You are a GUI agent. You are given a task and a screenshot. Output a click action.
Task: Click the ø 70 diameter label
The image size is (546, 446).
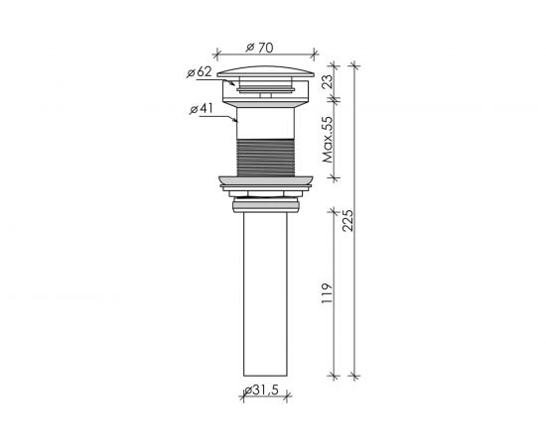(259, 48)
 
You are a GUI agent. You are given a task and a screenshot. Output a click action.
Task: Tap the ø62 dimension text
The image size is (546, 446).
(200, 72)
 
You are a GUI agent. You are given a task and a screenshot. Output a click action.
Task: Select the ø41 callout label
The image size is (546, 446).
(201, 109)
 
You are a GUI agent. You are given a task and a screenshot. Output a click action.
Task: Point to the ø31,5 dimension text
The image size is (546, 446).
(261, 390)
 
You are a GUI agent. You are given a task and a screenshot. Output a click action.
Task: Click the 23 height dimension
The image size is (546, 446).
(328, 81)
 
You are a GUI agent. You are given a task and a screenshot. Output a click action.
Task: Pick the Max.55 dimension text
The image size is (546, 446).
(328, 140)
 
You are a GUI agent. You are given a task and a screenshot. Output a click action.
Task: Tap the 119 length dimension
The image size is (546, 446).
(327, 293)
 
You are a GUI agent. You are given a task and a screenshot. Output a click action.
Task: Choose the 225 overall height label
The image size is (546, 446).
(347, 220)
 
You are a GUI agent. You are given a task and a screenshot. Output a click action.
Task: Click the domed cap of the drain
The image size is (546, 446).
(265, 71)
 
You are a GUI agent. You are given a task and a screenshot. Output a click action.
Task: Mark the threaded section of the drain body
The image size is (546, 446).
(266, 158)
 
